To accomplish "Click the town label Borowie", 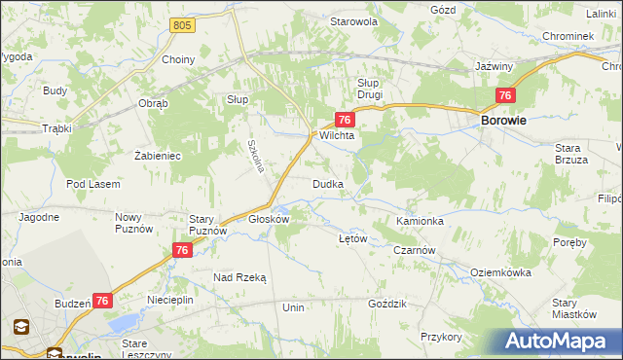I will click(x=504, y=121).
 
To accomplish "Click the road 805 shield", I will click(x=178, y=24).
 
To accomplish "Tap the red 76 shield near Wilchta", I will click(x=344, y=120).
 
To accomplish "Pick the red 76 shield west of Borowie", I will click(x=504, y=95).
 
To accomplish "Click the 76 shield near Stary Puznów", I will click(x=181, y=251).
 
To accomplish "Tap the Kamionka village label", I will click(x=421, y=222).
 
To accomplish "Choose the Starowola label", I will click(x=353, y=21).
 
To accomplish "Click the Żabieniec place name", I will click(x=158, y=155).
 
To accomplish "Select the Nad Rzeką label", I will click(x=239, y=277).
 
